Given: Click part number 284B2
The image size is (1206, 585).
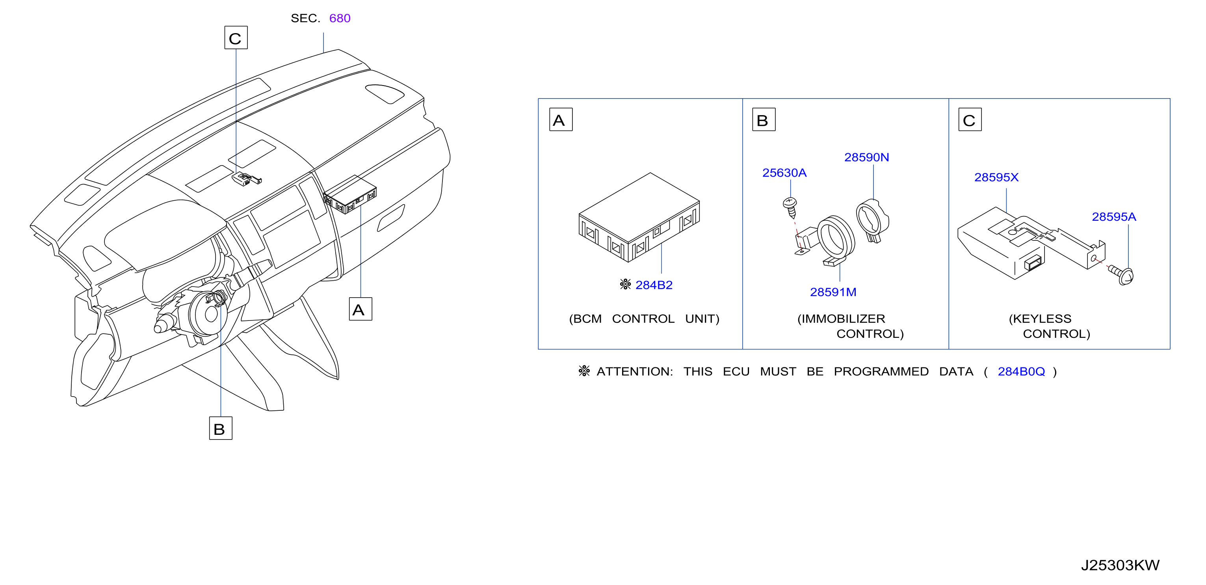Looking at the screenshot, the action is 654,285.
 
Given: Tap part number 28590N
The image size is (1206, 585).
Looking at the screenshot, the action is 866,157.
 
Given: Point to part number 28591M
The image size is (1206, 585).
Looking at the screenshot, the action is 833,292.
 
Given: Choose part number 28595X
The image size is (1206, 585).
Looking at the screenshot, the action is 996,177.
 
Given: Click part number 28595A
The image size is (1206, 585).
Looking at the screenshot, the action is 1114,217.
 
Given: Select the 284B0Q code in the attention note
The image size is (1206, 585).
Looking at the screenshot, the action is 1021,371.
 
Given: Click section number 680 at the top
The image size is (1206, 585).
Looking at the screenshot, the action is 340,18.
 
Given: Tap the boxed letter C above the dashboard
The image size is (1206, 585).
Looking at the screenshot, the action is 236,37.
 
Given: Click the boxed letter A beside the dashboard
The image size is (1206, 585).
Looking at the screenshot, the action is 360,309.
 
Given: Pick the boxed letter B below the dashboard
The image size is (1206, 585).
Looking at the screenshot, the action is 221,428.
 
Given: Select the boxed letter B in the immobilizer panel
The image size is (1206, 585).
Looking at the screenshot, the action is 764,119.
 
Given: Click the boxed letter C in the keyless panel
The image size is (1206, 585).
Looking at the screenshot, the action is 970,119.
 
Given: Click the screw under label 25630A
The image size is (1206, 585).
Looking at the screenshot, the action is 790,207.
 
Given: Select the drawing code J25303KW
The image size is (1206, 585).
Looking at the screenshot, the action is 1120,565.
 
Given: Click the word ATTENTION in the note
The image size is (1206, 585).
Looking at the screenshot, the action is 634,371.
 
